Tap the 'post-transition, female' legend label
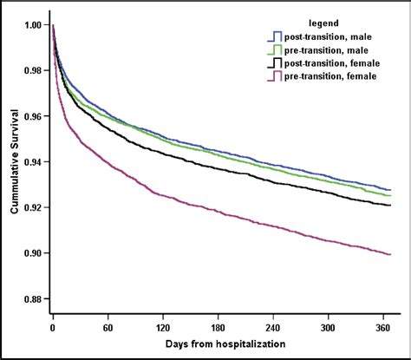338,64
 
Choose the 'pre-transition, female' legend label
336,78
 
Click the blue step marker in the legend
276,36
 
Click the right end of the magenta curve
391,254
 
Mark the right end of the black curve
391,206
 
